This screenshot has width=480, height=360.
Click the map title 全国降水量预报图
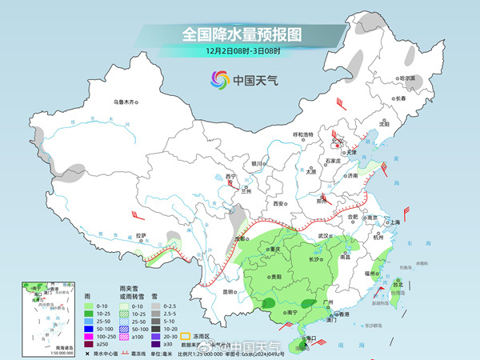click(240, 35)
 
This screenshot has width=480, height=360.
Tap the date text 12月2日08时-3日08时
click(240, 52)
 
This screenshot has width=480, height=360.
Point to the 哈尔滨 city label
click(409, 78)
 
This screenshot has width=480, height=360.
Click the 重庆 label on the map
click(276, 250)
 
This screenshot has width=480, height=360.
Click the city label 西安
click(279, 204)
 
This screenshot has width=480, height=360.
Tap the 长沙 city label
click(314, 259)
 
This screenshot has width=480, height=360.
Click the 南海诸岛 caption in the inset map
click(37, 347)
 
